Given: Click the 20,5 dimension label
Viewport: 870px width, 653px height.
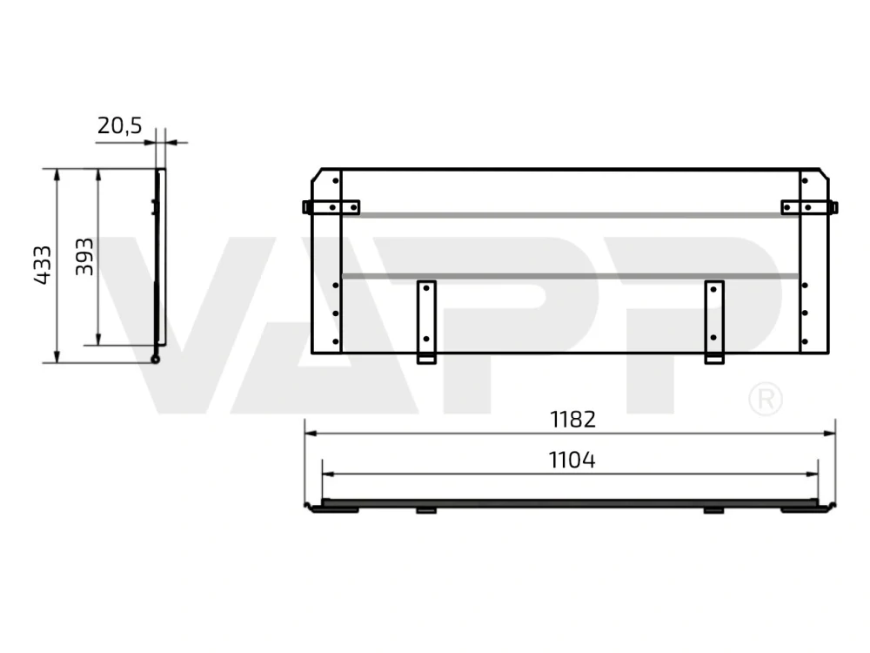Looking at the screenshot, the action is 119,126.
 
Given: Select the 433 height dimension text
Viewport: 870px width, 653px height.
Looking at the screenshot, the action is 43,265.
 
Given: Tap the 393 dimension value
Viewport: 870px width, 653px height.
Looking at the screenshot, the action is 84,256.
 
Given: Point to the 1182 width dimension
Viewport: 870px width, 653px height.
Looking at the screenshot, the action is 572,420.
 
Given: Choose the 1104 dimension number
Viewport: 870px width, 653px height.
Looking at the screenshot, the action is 572,460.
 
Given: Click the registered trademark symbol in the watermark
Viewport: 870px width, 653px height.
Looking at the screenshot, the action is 766,399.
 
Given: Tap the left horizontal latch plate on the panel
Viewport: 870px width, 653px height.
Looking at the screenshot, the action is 331,208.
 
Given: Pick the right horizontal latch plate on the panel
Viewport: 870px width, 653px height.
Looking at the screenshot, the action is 809,208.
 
